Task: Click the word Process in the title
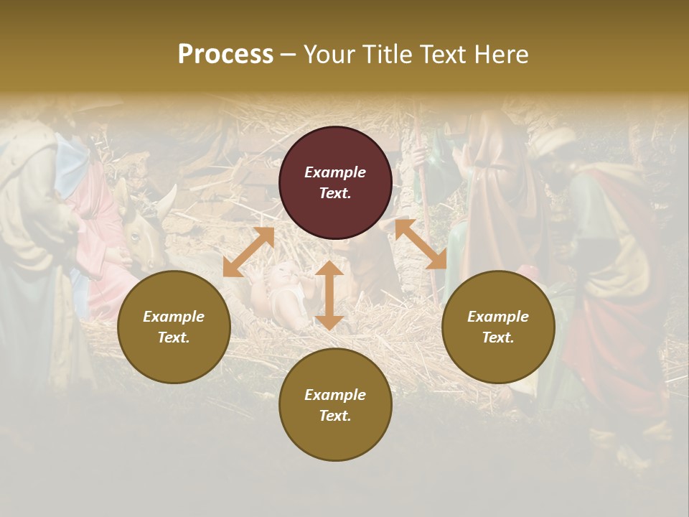225,55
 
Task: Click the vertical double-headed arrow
329,295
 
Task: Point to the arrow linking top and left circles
248,252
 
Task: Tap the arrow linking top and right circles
421,244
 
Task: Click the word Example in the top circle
335,172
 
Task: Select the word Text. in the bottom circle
335,416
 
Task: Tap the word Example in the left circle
174,317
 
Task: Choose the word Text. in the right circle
498,337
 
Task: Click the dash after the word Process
288,55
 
